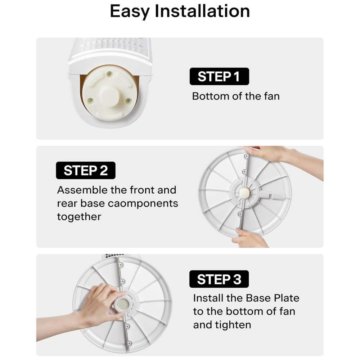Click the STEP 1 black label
tap(219, 76)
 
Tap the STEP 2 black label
tap(86, 170)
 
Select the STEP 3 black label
tap(219, 279)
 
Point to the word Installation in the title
tap(202, 11)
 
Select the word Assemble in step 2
tap(82, 190)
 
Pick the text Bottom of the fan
tap(236, 96)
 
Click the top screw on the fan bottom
tap(109, 74)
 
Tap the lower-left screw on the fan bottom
tap(91, 100)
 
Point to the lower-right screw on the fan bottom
tap(129, 100)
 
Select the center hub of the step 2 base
tap(245, 192)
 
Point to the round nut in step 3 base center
tap(122, 305)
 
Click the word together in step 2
tap(79, 217)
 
